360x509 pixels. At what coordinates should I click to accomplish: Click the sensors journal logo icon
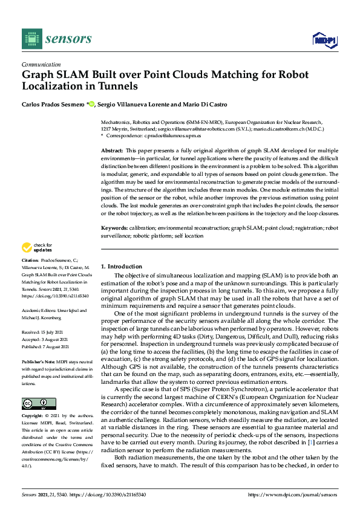click(31, 39)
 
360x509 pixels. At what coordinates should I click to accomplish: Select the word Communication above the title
click(41, 64)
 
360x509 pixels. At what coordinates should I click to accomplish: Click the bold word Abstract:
click(111, 149)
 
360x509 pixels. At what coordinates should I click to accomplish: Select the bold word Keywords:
click(114, 227)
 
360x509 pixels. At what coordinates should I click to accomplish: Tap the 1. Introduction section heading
click(122, 266)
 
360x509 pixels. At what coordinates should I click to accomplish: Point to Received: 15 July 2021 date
click(42, 331)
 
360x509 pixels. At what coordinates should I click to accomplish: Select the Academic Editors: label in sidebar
click(41, 310)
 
